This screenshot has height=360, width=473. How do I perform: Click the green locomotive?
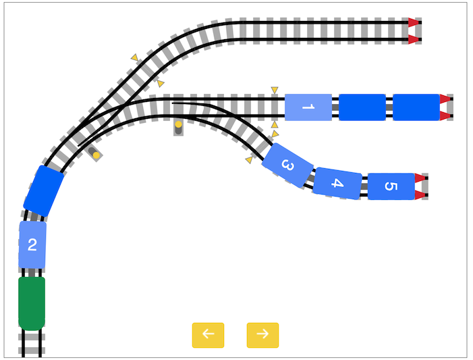pos(32,303)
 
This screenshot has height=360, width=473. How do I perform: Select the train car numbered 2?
pos(32,245)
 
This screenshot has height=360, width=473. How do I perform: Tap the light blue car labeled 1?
pos(308,107)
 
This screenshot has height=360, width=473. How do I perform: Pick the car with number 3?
pos(287,165)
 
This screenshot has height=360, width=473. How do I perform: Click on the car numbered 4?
pos(337,183)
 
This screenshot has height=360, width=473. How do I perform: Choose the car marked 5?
pos(391,186)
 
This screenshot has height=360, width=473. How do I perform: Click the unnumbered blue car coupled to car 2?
pos(44,191)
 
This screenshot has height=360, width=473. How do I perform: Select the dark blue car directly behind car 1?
pos(362,107)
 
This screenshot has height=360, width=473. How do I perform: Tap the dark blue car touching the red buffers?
pos(416,107)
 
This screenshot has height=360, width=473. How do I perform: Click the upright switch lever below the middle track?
pos(178,128)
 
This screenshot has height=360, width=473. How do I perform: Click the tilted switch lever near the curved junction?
pos(94,153)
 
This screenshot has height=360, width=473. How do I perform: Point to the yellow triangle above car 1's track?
pos(274,90)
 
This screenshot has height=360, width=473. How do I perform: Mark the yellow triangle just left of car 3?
pos(249,160)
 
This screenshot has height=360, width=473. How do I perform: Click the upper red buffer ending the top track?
pos(414,22)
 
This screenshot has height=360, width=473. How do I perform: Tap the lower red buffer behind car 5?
pos(420,195)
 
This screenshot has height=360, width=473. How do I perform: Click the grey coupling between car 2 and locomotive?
pos(32,273)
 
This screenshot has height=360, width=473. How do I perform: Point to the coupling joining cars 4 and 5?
pos(365,186)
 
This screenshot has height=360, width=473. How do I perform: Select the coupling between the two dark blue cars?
pos(389,107)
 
